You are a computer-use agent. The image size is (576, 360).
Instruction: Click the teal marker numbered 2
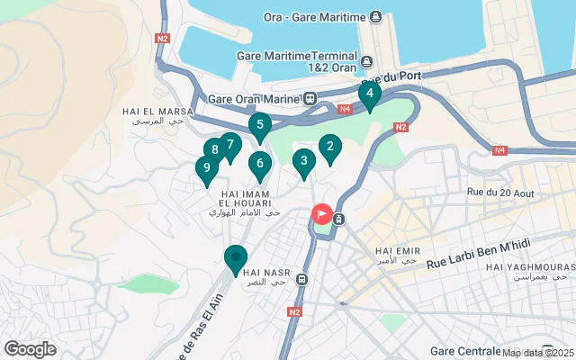[x=329, y=148]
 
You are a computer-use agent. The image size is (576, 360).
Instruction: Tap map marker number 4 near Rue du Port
[x=369, y=94]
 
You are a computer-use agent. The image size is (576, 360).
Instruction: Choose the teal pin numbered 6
[x=259, y=164]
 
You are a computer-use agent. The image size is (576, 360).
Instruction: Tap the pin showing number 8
[x=214, y=150]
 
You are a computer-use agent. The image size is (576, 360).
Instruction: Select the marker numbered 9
[x=207, y=168]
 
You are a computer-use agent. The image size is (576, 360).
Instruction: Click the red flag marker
[x=321, y=214]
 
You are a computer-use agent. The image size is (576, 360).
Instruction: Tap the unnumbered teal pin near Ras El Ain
[x=236, y=258]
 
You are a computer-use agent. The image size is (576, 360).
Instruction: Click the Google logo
[x=30, y=349]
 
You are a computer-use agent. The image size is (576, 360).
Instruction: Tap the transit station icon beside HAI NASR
[x=303, y=279]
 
